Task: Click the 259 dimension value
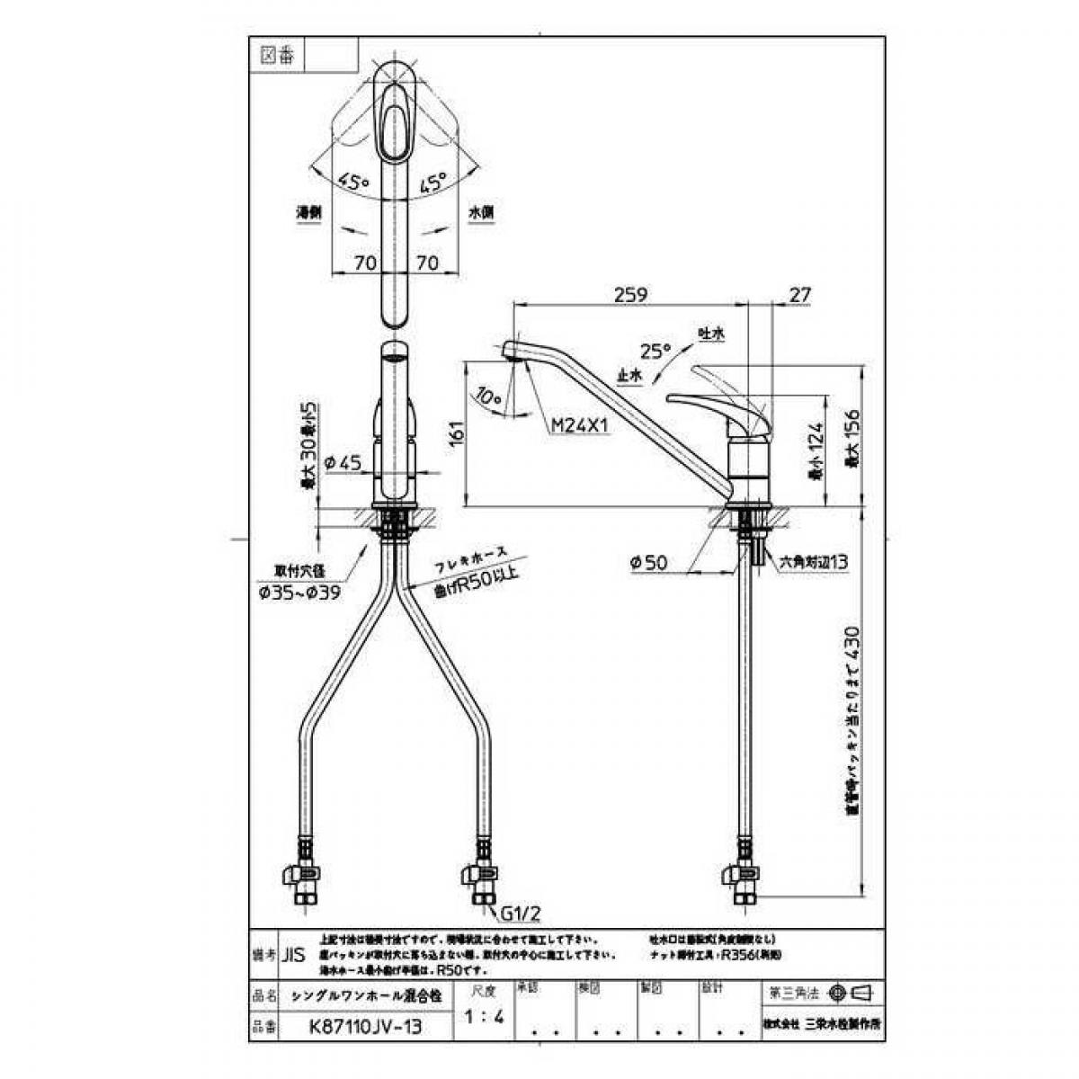(631, 294)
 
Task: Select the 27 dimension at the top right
(799, 294)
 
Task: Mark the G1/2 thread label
(519, 916)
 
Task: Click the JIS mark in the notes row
(293, 955)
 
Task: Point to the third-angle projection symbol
(852, 993)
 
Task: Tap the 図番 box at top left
(277, 55)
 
